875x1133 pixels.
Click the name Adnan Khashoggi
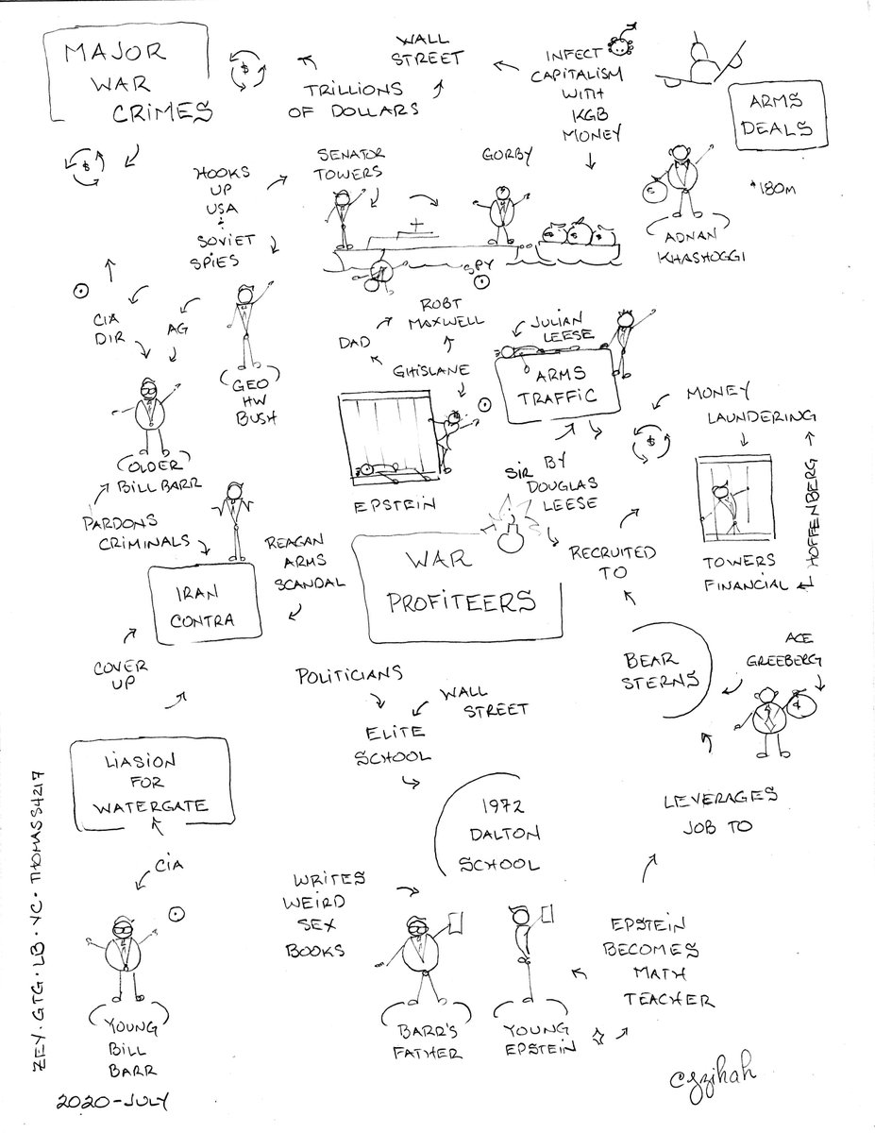tap(698, 246)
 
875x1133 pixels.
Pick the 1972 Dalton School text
tap(500, 836)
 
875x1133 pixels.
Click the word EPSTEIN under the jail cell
tap(395, 505)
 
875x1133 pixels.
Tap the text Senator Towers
tap(349, 163)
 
